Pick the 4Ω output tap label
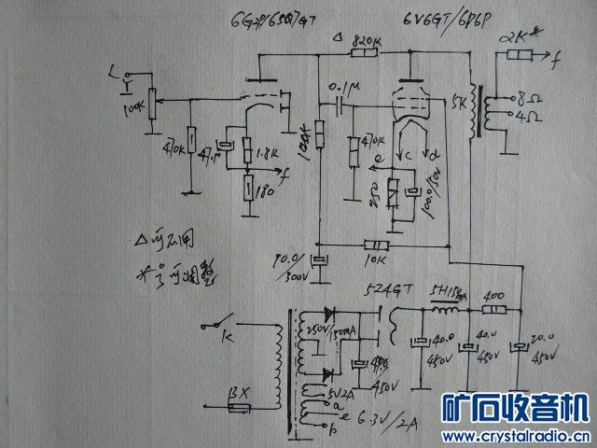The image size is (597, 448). pos(529,119)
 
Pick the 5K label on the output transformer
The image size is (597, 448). pos(456,101)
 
